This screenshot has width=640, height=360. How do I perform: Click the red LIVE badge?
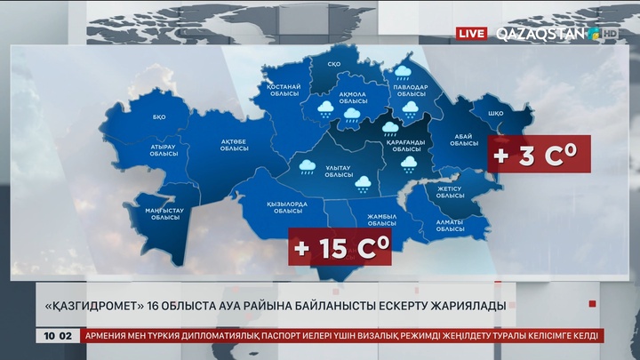coord(471,34)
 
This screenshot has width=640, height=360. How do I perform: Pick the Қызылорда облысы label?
coord(286,207)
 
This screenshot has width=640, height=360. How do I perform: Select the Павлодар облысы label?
coord(412,91)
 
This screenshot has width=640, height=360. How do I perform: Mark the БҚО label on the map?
coord(160,117)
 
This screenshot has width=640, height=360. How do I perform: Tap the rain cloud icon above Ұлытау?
coord(308,166)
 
